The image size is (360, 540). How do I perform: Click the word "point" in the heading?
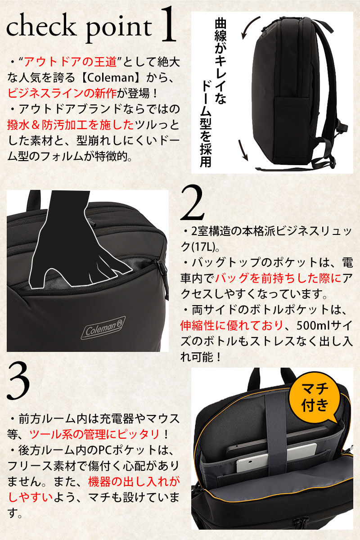[119, 29]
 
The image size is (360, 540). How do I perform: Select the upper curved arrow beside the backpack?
[248, 26]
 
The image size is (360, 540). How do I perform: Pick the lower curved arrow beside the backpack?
[244, 150]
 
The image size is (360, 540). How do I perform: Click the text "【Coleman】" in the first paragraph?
[110, 78]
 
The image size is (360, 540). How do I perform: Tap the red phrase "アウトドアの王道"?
[70, 62]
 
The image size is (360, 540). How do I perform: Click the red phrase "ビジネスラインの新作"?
[62, 94]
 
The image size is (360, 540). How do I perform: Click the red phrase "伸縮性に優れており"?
[231, 326]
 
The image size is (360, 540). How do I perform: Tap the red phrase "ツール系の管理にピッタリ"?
[94, 434]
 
